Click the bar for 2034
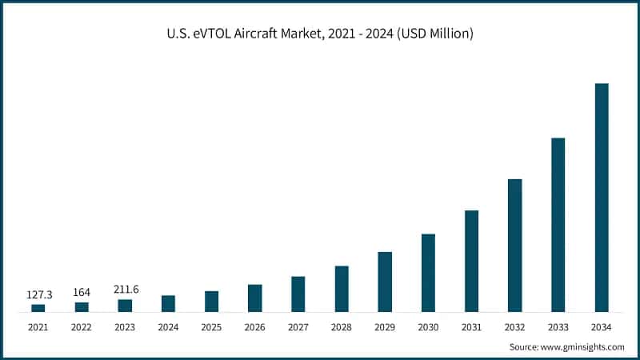tap(602, 198)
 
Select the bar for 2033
tap(558, 225)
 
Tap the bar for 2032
tap(515, 246)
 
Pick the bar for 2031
tap(472, 261)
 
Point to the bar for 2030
tap(428, 273)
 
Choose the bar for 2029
tap(385, 282)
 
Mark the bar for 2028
tap(342, 289)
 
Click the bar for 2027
tap(298, 294)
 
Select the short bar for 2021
tap(38, 307)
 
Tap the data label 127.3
tap(38, 294)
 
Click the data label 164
tap(82, 293)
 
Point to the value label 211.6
tap(125, 289)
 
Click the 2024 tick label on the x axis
tap(168, 327)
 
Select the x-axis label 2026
tap(255, 327)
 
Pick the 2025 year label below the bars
tap(211, 327)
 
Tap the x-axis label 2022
tap(82, 327)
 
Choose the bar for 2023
tap(125, 306)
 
